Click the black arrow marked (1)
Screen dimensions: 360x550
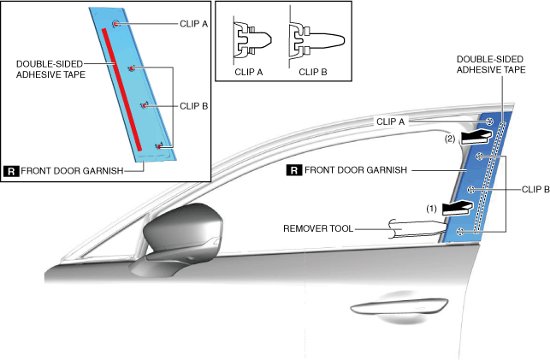pyautogui.click(x=454, y=206)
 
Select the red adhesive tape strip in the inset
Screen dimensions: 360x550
pyautogui.click(x=121, y=85)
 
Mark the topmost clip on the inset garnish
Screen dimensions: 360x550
pyautogui.click(x=115, y=25)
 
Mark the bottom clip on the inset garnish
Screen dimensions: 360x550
pyautogui.click(x=159, y=147)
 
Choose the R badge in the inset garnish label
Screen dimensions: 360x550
pyautogui.click(x=11, y=170)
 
